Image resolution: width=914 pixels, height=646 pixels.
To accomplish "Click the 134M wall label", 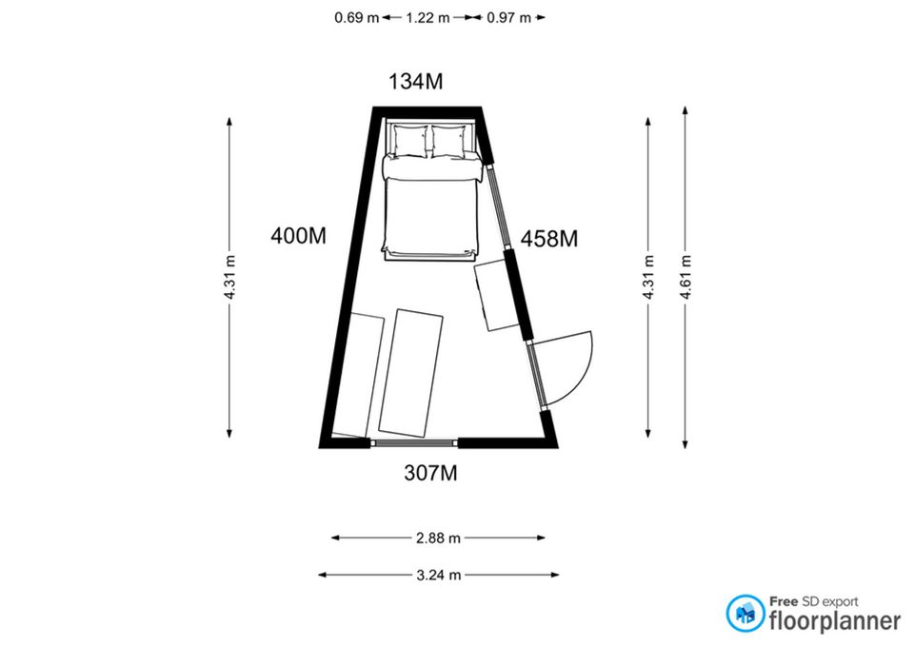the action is (416, 82).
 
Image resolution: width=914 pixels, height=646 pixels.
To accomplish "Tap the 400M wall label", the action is (298, 236).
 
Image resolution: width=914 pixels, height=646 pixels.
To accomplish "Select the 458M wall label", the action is (549, 239).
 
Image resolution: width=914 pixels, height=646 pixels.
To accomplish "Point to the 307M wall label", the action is (430, 473).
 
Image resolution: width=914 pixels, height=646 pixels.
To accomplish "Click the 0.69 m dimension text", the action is (357, 17).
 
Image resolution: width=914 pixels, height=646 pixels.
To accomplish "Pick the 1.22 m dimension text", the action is (427, 17).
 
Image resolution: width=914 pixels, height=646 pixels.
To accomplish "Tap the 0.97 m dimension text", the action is (508, 17).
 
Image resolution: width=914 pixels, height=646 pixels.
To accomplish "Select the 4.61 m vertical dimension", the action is (685, 277).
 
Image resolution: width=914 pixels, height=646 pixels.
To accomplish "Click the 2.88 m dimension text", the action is (438, 538).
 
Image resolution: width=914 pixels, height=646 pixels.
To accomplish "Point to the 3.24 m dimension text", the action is (438, 576).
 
